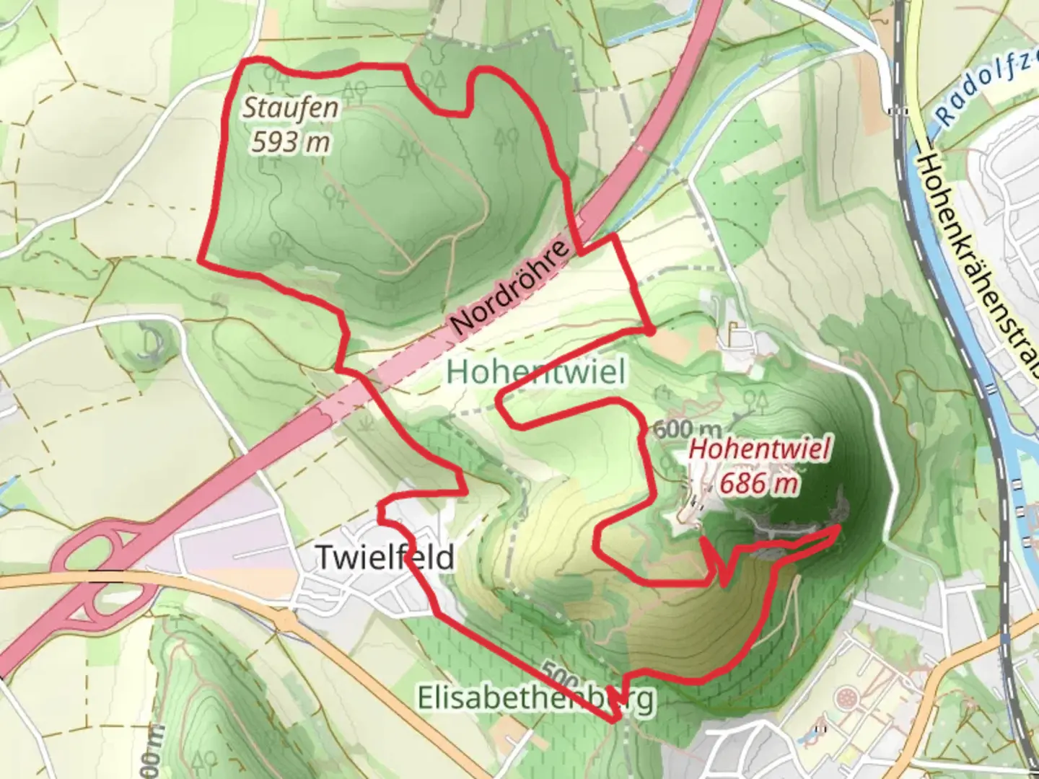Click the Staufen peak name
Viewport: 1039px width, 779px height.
point(290,108)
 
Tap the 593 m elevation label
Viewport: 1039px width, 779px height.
point(290,141)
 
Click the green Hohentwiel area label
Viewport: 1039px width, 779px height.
point(535,371)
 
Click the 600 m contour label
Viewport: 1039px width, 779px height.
point(686,430)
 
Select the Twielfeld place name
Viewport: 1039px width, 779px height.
point(385,557)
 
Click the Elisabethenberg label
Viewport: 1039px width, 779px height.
point(536,697)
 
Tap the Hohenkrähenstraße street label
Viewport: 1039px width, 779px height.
point(973,267)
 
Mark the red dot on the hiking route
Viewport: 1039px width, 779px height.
point(650,331)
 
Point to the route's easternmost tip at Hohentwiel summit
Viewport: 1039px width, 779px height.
point(838,527)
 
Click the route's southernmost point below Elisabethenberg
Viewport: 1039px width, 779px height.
point(614,719)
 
